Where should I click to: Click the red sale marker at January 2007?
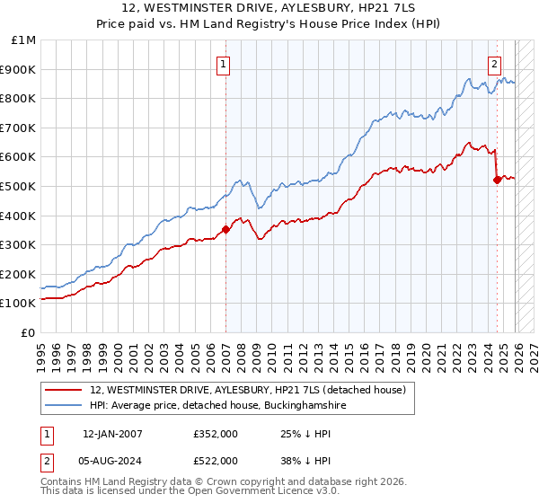click(x=225, y=229)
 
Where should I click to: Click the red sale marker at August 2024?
click(x=497, y=180)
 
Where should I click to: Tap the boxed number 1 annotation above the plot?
click(x=222, y=63)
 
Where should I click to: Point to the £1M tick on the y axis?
click(x=24, y=40)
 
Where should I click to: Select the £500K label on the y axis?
click(x=20, y=186)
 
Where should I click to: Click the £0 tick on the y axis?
click(x=28, y=332)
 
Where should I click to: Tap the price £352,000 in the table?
click(x=216, y=434)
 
